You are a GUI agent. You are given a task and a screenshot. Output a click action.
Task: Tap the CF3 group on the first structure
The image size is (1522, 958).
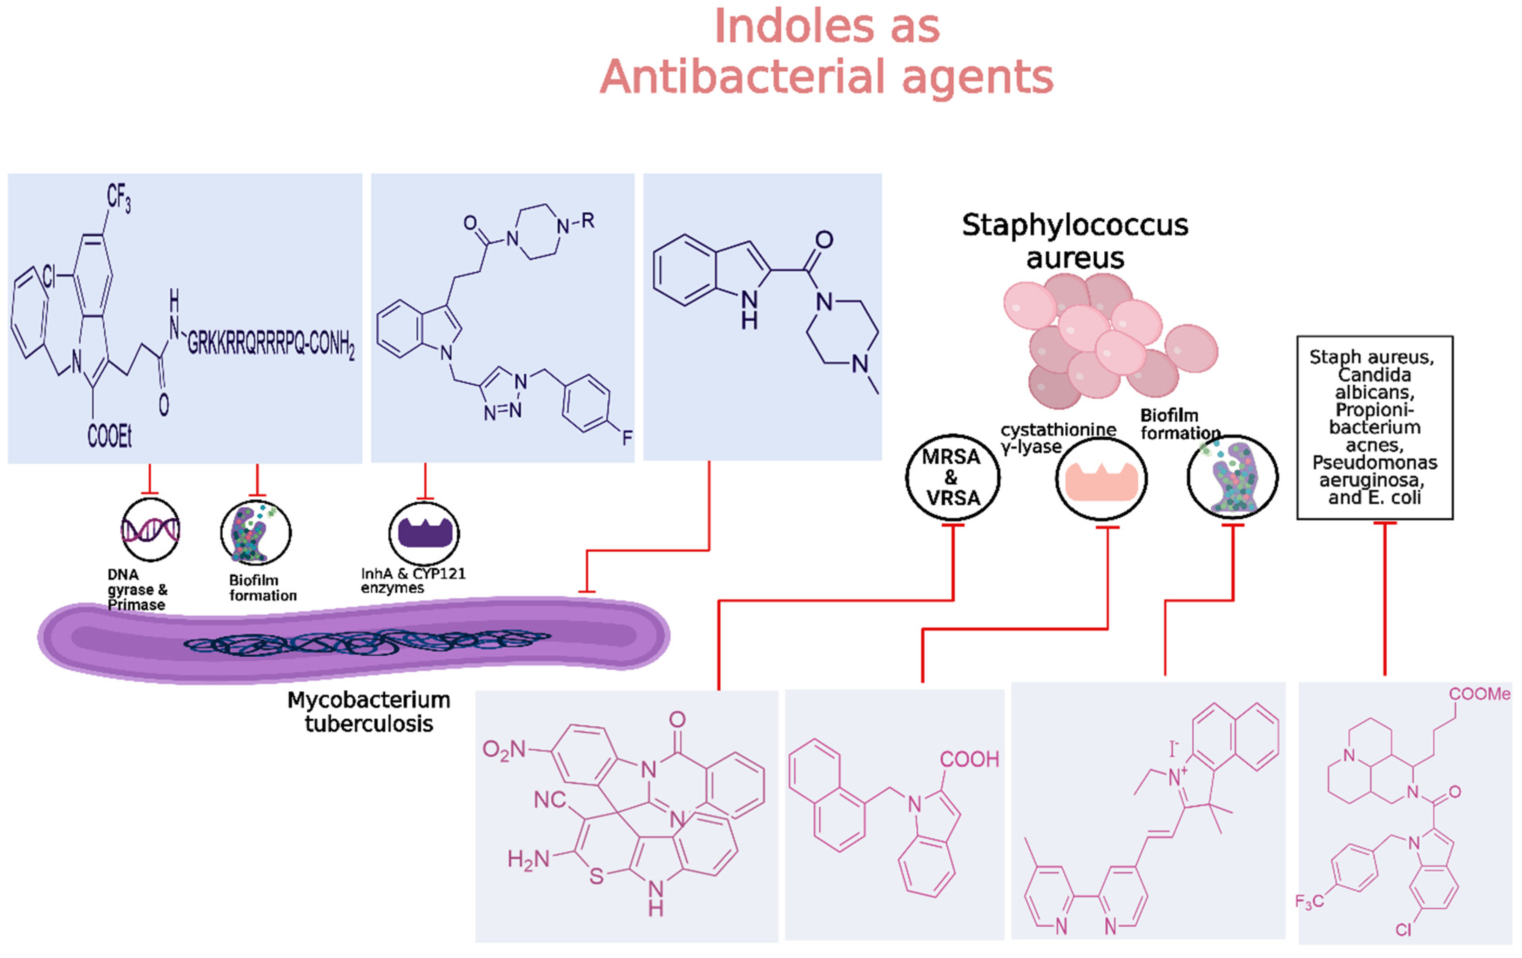pos(118,198)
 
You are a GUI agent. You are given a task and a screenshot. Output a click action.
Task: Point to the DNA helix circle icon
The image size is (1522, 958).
pos(151,530)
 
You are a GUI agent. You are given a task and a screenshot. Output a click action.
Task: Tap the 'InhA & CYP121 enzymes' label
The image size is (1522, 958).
pos(412,580)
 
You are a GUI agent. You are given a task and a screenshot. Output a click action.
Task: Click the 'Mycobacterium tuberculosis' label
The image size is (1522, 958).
pos(369,712)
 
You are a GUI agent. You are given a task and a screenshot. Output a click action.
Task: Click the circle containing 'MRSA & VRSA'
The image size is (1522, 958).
pos(953,478)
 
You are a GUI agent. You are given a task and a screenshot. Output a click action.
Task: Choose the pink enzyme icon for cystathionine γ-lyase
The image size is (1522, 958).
pos(1101,480)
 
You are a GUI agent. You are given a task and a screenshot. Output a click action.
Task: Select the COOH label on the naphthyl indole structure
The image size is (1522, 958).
pos(969,759)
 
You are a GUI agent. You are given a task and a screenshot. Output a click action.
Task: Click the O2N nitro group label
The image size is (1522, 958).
pos(504,750)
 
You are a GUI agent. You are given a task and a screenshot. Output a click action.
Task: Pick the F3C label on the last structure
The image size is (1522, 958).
pos(1309,901)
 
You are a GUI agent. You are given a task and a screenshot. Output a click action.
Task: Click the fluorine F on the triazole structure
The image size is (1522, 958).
pos(627,437)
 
